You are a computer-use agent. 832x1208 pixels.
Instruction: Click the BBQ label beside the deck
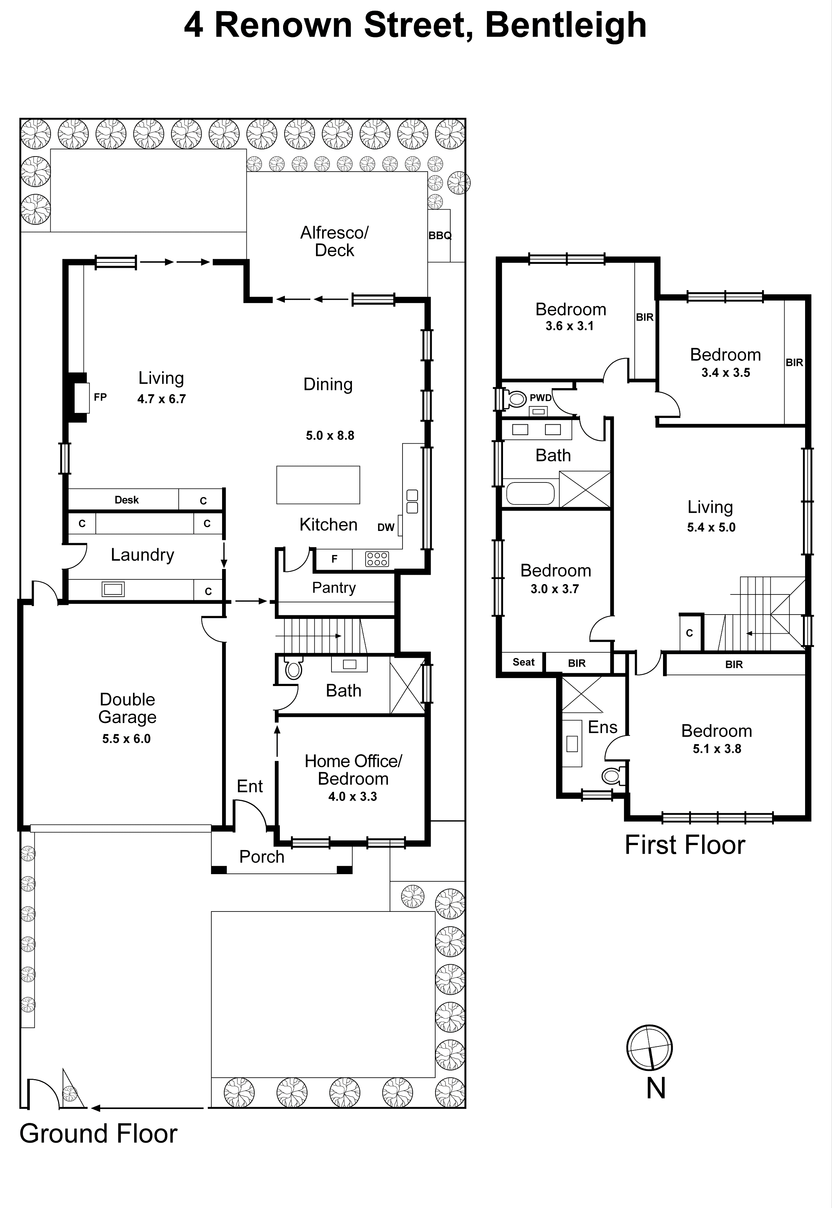[x=439, y=235]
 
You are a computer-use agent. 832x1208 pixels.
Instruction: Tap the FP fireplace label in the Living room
[x=100, y=397]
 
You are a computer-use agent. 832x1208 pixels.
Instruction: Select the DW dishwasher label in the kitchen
[x=386, y=527]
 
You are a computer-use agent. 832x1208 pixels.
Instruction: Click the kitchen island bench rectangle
[x=318, y=485]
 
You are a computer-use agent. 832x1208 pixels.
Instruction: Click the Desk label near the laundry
[x=127, y=500]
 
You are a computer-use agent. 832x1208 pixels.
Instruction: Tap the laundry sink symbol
[x=113, y=589]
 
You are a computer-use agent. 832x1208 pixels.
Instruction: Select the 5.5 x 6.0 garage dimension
[x=126, y=738]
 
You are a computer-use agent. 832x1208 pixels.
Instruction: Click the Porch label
[x=262, y=857]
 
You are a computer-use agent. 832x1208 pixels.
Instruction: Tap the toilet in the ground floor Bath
[x=293, y=669]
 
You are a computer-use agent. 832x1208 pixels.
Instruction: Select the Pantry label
[x=334, y=587]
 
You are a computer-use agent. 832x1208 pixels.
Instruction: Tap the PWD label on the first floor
[x=541, y=397]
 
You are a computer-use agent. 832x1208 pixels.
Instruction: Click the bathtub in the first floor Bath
[x=530, y=493]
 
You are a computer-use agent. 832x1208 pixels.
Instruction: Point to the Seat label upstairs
[x=523, y=662]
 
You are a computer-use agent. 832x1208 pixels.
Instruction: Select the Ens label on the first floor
[x=603, y=727]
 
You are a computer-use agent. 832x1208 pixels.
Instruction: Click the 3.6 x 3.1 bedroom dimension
[x=569, y=326]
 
